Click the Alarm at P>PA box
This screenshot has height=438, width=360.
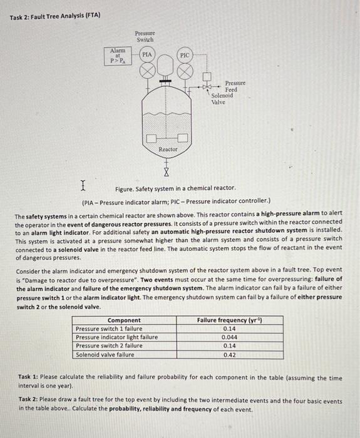coord(118,55)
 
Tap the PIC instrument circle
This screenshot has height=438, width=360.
coord(185,55)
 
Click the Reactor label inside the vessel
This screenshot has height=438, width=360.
coord(168,149)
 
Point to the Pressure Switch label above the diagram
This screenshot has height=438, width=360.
coord(145,35)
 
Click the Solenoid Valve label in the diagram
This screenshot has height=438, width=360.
coord(222,98)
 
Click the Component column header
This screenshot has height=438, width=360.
coord(124,320)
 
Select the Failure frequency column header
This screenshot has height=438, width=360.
coord(229,320)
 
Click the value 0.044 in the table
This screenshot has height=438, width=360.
coord(229,337)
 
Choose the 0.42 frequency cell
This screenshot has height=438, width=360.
coord(229,355)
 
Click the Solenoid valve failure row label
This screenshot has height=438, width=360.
coord(105,355)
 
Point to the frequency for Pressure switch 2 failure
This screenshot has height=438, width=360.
coord(229,346)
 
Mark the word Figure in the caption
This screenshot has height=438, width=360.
coord(125,188)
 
